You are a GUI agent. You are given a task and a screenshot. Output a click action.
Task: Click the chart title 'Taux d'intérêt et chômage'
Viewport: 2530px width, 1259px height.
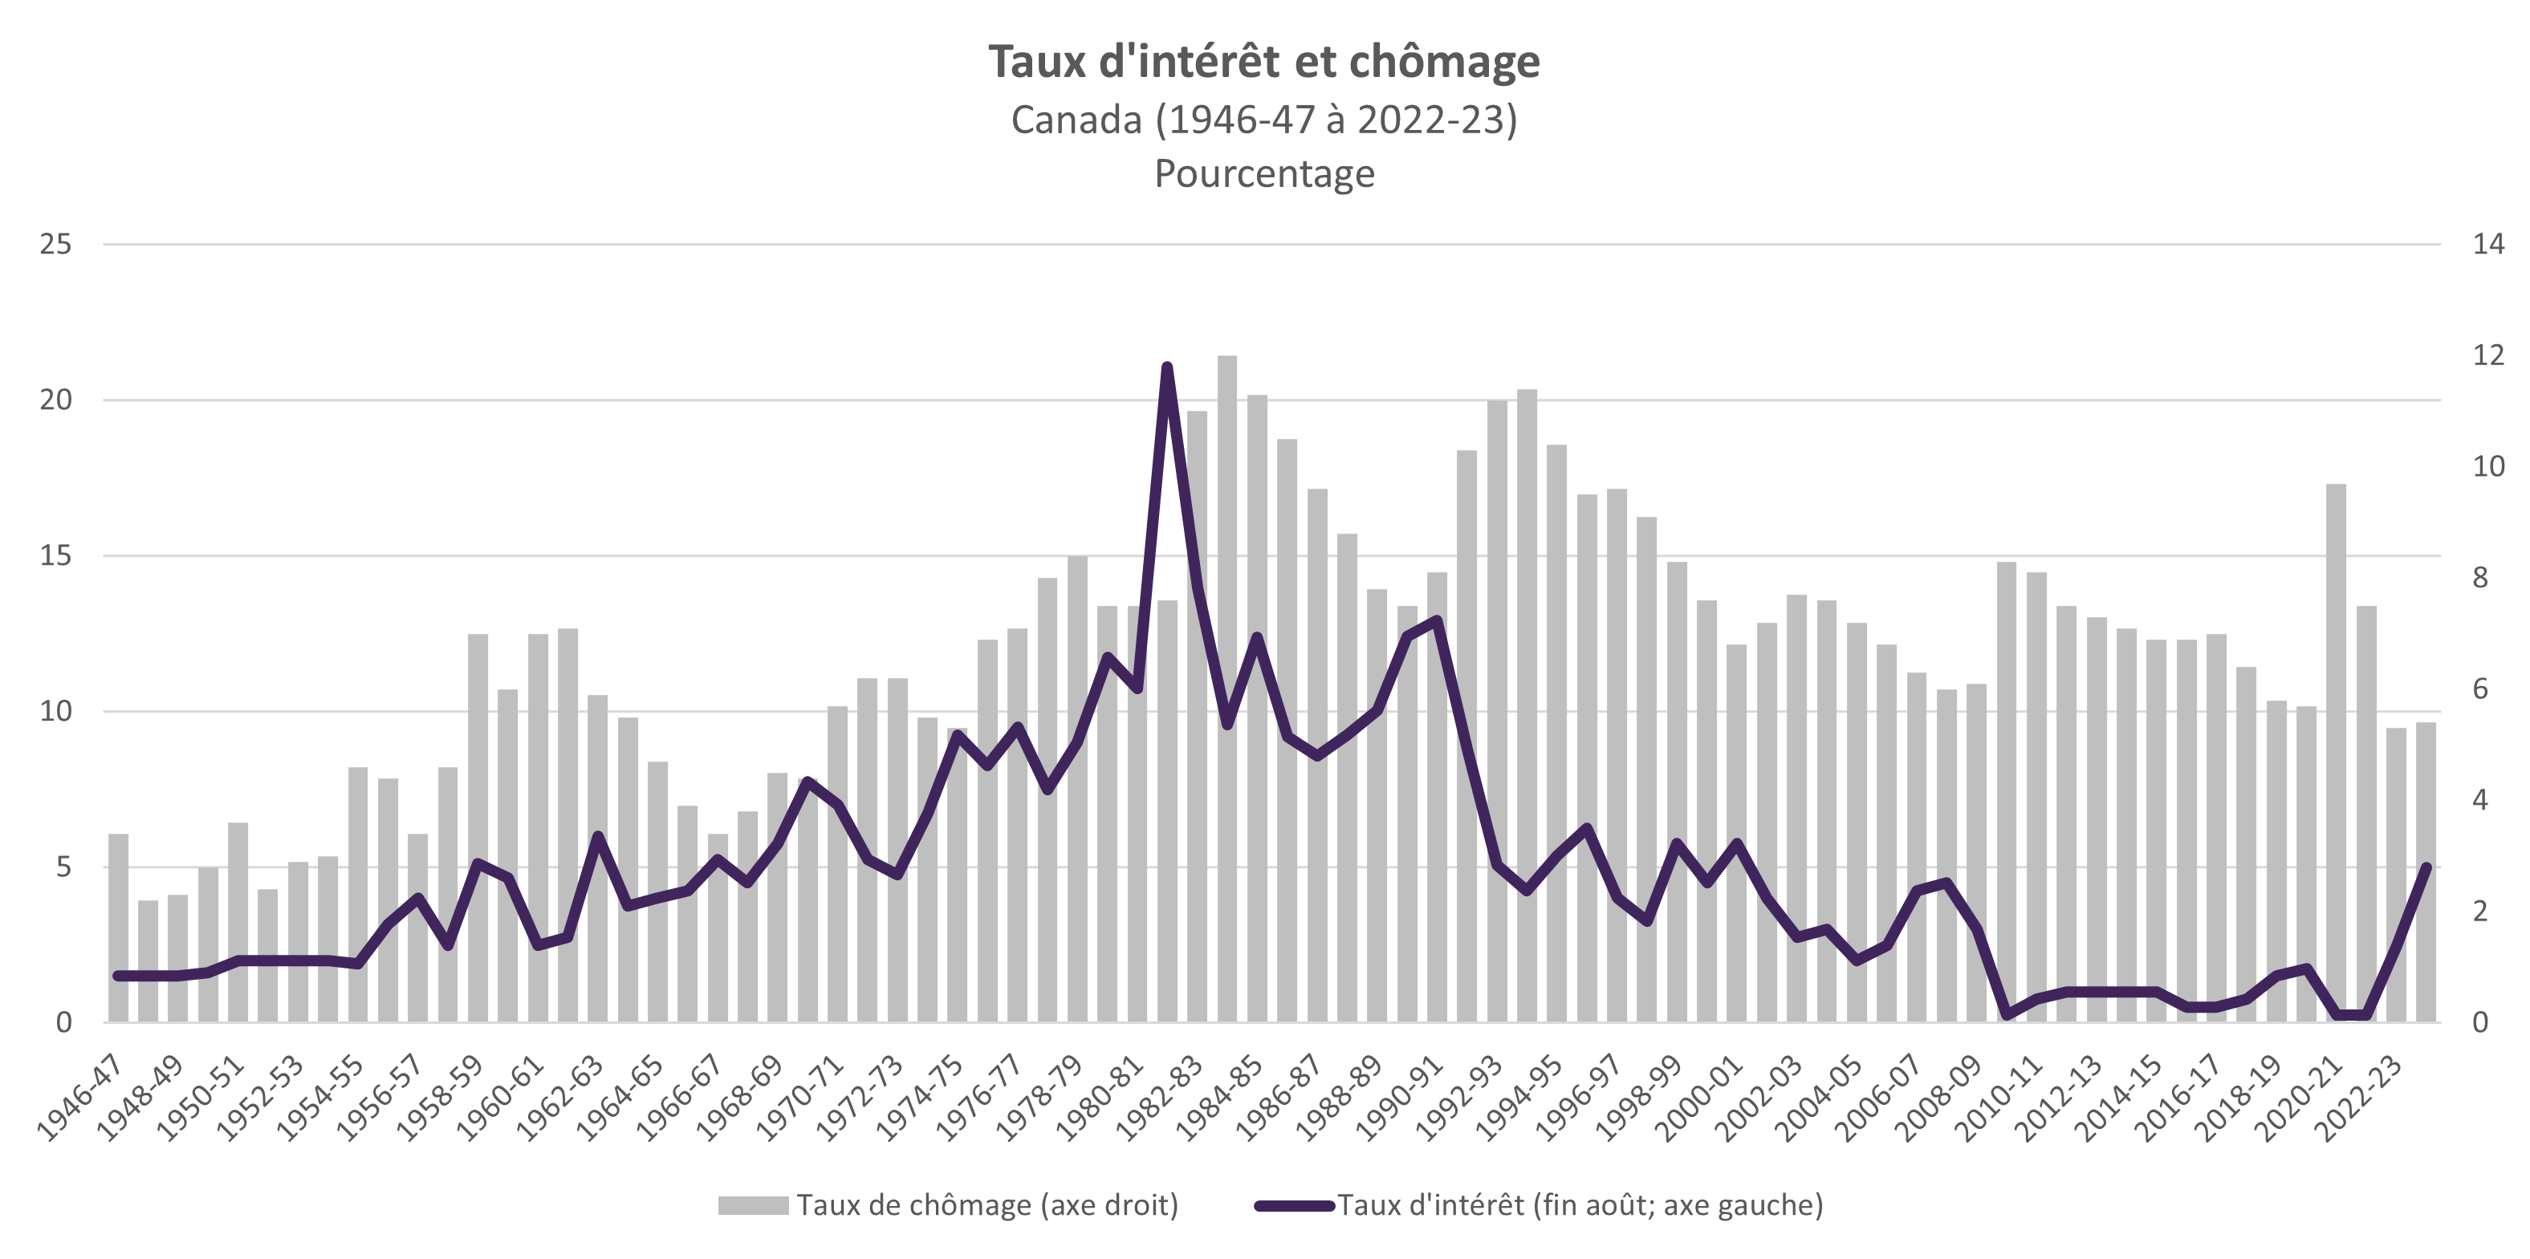pyautogui.click(x=1264, y=61)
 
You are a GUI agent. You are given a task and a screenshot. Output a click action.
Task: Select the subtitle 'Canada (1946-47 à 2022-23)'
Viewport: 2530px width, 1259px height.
pyautogui.click(x=1264, y=120)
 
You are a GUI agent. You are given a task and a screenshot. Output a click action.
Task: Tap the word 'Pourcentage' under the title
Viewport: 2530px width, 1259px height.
pyautogui.click(x=1264, y=174)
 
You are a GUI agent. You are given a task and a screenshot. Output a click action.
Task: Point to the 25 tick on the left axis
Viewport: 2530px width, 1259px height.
pyautogui.click(x=56, y=244)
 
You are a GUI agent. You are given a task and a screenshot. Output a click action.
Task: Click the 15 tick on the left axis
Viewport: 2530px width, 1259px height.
pyautogui.click(x=56, y=556)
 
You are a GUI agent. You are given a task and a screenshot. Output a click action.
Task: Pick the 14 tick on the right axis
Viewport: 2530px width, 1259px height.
pyautogui.click(x=2487, y=244)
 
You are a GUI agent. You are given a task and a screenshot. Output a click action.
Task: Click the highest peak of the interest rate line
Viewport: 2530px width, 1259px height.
pyautogui.click(x=1167, y=368)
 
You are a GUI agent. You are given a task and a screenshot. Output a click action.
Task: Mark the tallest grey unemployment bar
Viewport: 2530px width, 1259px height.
pyautogui.click(x=1226, y=688)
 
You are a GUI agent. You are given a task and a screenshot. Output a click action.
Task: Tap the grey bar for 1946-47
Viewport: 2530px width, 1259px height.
pyautogui.click(x=118, y=928)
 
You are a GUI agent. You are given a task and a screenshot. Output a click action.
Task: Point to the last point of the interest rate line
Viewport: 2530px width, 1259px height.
pyautogui.click(x=2426, y=867)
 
